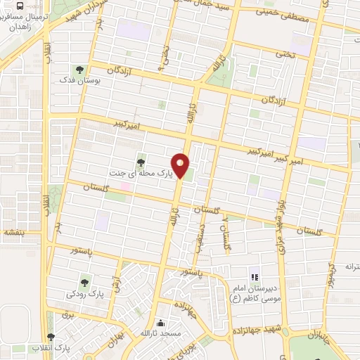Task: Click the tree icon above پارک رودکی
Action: click(x=84, y=282)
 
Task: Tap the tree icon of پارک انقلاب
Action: click(x=50, y=336)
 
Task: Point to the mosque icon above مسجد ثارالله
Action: click(x=163, y=323)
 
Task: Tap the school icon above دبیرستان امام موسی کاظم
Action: click(x=255, y=278)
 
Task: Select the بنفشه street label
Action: click(x=13, y=231)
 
